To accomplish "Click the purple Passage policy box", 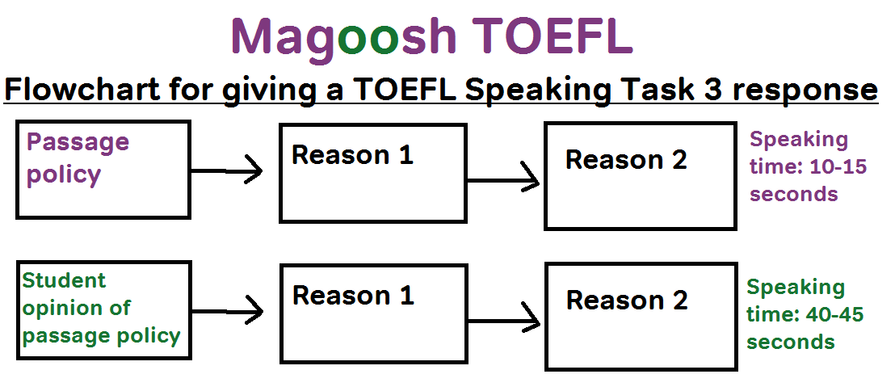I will pos(103,170).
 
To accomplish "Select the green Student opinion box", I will pos(103,309).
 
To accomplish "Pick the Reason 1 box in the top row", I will pos(372,173).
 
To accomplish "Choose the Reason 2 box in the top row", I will pos(640,175).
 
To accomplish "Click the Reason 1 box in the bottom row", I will pos(372,313).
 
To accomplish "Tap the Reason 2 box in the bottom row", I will pos(640,316).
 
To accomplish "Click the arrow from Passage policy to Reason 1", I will pos(228,170).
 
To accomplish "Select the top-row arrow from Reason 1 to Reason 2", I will pos(504,181).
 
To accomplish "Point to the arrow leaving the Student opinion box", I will pos(228,310).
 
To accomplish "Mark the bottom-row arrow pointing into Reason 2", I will pos(504,321).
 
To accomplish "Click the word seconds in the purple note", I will pos(793,194).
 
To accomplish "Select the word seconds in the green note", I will pos(790,342).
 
